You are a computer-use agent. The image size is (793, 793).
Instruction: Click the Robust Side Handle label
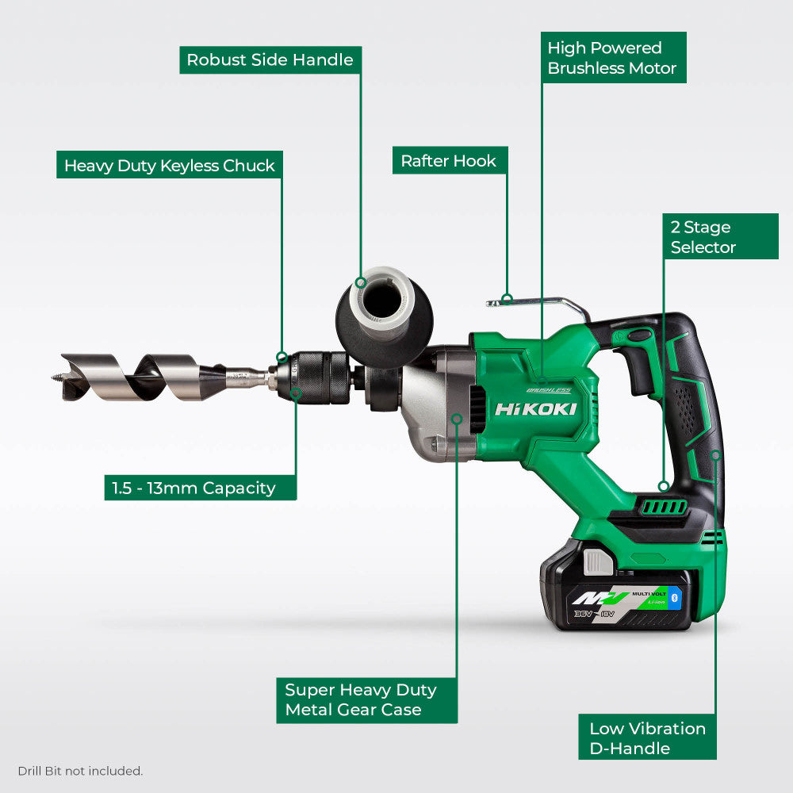point(270,60)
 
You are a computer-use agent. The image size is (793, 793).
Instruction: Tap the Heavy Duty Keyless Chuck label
point(169,166)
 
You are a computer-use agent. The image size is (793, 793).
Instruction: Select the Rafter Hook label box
point(448,161)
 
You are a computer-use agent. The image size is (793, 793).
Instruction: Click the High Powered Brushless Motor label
point(612,58)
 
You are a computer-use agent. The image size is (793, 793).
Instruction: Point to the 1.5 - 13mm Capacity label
point(200,488)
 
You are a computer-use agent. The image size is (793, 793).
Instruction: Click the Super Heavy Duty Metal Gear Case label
point(361,699)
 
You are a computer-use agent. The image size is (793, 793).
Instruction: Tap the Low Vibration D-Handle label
point(647,738)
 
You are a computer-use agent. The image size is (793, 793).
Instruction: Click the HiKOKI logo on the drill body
point(535,409)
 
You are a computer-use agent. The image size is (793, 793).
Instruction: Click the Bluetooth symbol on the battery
point(676,598)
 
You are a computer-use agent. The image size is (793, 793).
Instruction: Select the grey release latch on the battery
point(598,562)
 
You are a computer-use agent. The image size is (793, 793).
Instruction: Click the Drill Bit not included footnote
point(80,771)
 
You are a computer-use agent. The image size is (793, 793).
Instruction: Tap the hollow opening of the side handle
point(383,300)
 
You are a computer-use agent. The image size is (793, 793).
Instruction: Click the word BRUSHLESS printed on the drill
point(548,389)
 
